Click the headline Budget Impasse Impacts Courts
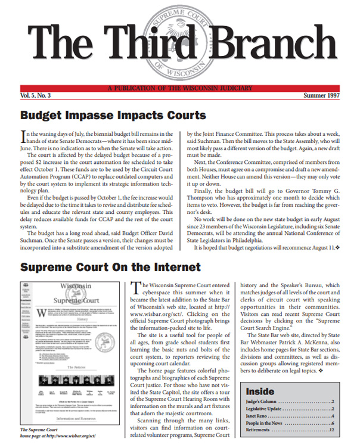tap(113, 116)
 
